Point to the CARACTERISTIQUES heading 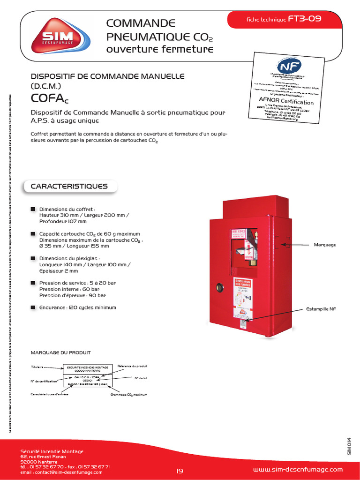(69, 187)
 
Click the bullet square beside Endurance (33, 307)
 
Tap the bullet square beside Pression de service (33, 283)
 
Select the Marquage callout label (325, 245)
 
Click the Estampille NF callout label (321, 309)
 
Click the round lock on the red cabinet (218, 287)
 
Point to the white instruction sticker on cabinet (244, 298)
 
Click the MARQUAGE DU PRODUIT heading (60, 352)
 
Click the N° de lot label (141, 378)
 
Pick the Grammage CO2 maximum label (129, 395)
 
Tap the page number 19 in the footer (180, 471)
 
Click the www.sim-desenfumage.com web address (298, 470)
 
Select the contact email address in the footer (61, 472)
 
